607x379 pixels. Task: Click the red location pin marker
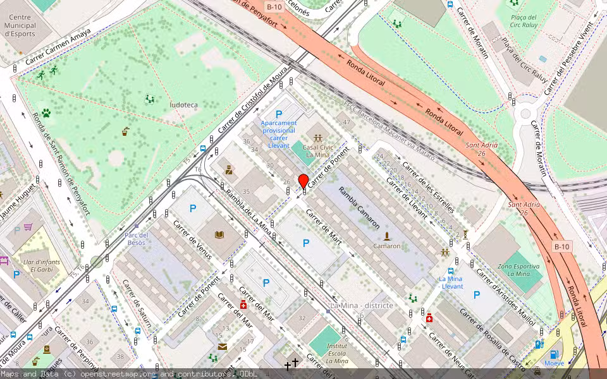(303, 181)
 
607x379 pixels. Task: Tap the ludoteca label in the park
(183, 104)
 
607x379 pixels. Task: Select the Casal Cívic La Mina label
(317, 150)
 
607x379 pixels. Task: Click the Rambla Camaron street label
(359, 207)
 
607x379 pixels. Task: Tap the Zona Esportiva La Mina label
(519, 271)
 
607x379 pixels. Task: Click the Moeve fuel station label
(554, 363)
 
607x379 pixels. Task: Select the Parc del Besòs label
(137, 239)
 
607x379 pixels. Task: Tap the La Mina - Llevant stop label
(451, 282)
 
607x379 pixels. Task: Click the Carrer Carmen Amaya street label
(58, 48)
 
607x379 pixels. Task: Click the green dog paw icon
(46, 114)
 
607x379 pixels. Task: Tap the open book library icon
(219, 235)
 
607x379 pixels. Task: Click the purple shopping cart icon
(28, 227)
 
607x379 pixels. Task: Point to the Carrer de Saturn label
(137, 305)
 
